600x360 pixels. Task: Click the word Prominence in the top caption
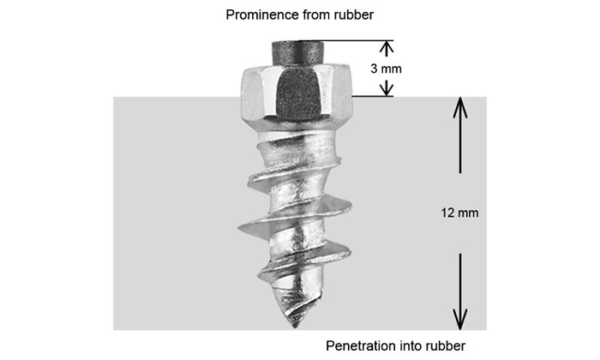(255, 15)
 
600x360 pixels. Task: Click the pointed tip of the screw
(294, 325)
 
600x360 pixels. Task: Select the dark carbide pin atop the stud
(295, 51)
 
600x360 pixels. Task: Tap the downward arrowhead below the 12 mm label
(461, 321)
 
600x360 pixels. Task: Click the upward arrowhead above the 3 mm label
(387, 46)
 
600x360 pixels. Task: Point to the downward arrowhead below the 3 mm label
(387, 88)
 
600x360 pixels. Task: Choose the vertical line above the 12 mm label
(461, 146)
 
